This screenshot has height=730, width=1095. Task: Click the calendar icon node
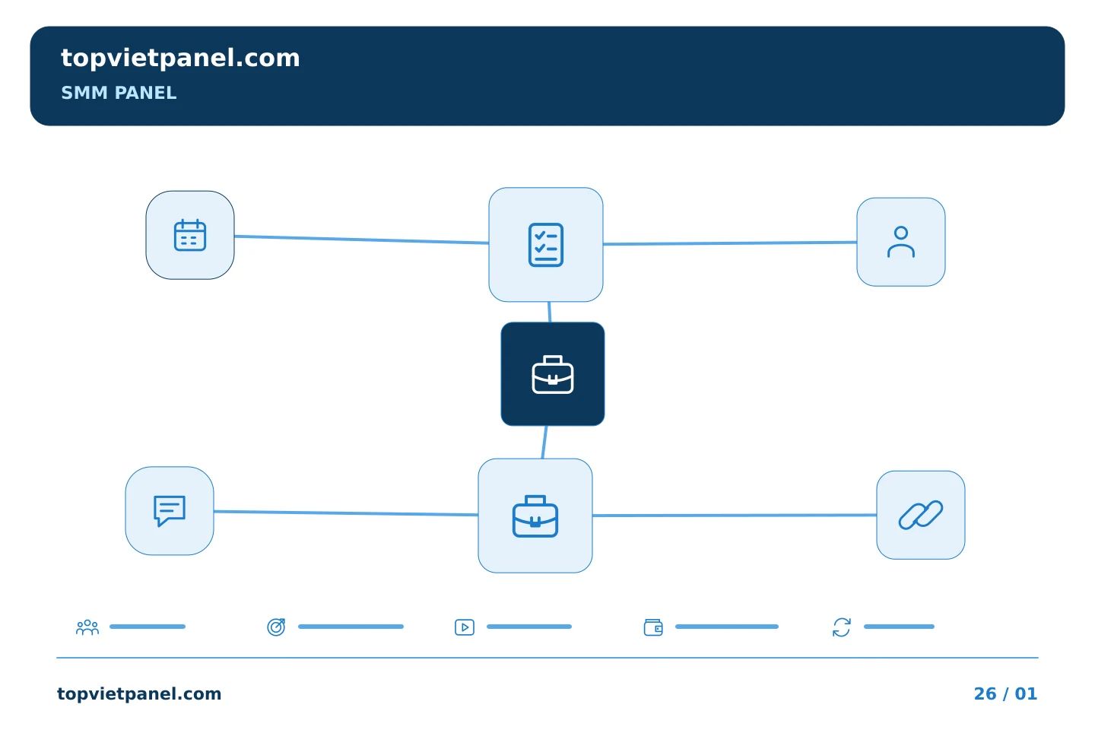coord(190,235)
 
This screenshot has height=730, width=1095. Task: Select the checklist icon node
coord(546,245)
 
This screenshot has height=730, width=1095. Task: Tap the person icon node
coord(901,242)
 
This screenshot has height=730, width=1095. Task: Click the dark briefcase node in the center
coord(553,374)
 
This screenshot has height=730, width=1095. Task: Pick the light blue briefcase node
coord(535,516)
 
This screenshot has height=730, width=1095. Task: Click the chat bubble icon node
coord(170,511)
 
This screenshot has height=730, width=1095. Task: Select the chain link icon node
coord(921,515)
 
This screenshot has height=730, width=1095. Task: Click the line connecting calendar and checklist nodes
coord(362,240)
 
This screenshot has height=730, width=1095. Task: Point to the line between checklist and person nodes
coord(730,243)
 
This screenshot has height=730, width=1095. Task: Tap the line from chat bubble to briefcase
coord(346,513)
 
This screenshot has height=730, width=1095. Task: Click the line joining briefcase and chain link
coord(735,516)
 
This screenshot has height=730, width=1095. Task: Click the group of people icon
coord(87,627)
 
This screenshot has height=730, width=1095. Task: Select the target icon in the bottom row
coord(276,627)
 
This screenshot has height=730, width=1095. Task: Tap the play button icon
coord(465,627)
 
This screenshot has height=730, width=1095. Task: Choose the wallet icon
coord(653,627)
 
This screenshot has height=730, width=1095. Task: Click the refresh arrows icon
coord(842,627)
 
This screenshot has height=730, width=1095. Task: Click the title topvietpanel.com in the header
coord(180,59)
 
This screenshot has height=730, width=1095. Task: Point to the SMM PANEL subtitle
coord(119,93)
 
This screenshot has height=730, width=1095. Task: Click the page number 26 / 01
coord(1005,693)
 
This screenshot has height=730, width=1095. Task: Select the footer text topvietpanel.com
coord(139,694)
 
